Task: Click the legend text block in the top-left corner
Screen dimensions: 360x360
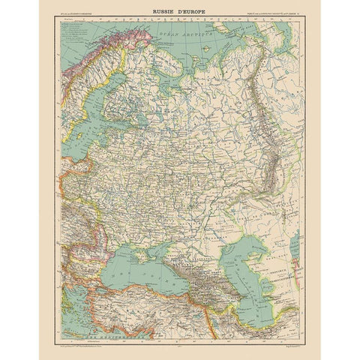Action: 79,34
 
